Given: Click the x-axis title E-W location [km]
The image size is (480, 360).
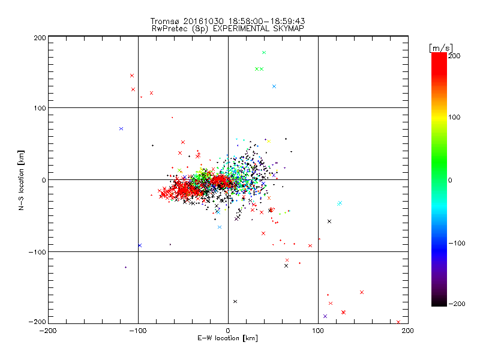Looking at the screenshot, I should pos(228,339).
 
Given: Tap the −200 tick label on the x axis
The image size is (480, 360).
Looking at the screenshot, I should pos(48,330).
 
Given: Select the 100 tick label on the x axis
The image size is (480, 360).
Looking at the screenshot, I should pos(318,330).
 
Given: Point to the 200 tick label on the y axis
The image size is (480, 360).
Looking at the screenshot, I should pos(40,38).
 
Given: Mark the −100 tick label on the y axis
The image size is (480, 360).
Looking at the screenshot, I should pos(38,252).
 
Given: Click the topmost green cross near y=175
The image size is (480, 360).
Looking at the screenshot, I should pos(263,53).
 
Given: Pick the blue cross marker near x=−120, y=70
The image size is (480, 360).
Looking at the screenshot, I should pos(121,128).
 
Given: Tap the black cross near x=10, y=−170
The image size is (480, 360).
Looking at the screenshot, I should pos(235,301).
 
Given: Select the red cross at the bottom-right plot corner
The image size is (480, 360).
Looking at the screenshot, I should pos(398,322).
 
